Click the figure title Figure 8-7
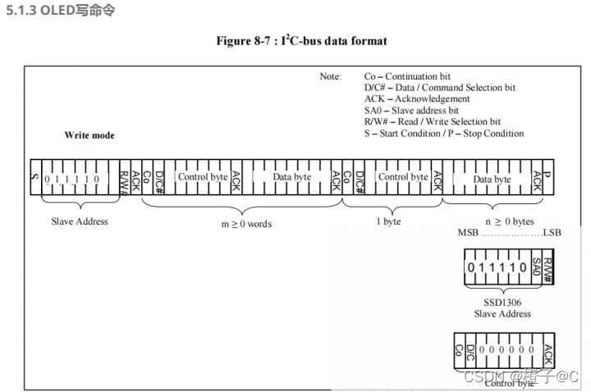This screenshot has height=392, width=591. click(301, 40)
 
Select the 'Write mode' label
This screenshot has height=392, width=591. click(89, 135)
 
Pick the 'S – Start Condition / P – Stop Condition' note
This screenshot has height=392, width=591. click(444, 134)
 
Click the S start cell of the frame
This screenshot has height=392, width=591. click(34, 177)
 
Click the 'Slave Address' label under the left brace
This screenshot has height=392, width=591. click(80, 221)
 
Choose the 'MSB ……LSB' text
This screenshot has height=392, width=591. click(509, 235)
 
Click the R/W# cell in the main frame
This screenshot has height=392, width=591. click(124, 177)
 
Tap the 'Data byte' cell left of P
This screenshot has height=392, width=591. click(491, 179)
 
